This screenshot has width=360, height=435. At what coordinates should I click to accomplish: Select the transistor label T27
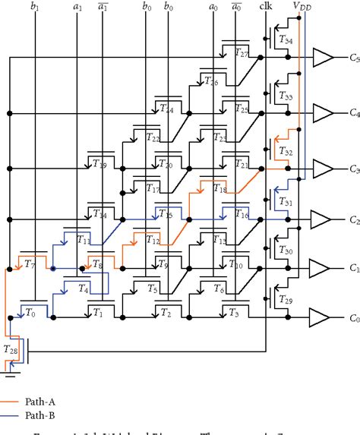pos(242,53)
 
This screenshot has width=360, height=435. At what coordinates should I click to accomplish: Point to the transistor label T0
pos(30,312)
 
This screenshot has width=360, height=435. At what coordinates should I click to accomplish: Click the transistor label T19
pos(99,164)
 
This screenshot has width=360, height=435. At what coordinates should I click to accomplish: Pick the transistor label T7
pos(30,263)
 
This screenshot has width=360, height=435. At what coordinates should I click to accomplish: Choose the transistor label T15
pos(166,216)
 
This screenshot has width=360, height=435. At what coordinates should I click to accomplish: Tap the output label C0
pos(353,319)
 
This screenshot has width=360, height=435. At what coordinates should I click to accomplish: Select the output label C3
pos(353,169)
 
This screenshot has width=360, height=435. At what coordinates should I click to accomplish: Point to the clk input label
pos(264,7)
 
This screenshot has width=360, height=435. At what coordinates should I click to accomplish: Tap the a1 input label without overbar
pos(77,8)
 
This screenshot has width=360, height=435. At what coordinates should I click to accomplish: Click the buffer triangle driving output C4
pos(323,112)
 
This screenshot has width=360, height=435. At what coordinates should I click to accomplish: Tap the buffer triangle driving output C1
pos(323,269)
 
